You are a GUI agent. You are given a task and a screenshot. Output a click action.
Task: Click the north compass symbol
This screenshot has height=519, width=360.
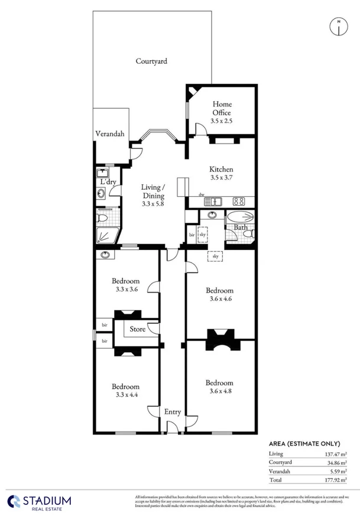[x=338, y=26]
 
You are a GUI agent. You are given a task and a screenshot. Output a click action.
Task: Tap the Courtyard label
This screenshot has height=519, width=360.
[x=151, y=61]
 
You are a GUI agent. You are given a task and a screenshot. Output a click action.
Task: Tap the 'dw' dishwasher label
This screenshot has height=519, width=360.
[x=201, y=194]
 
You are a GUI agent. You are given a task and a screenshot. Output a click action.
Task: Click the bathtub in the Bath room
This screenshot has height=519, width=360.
[x=240, y=217]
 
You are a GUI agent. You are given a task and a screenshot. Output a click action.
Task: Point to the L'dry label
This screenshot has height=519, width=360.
[x=107, y=181]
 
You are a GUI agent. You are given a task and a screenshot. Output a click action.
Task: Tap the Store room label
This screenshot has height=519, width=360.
[x=138, y=329]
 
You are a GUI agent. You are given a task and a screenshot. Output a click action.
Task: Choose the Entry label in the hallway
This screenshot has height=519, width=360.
[x=173, y=412]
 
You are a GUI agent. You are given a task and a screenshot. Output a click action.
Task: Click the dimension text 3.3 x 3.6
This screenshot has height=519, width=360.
[x=127, y=290]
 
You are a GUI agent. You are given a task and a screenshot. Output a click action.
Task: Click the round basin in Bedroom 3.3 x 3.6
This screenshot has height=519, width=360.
[x=106, y=255]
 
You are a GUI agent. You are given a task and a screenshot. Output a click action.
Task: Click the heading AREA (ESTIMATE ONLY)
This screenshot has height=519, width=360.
[x=304, y=443]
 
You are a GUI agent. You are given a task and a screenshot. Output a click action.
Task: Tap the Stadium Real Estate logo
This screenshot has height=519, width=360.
[x=39, y=501]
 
